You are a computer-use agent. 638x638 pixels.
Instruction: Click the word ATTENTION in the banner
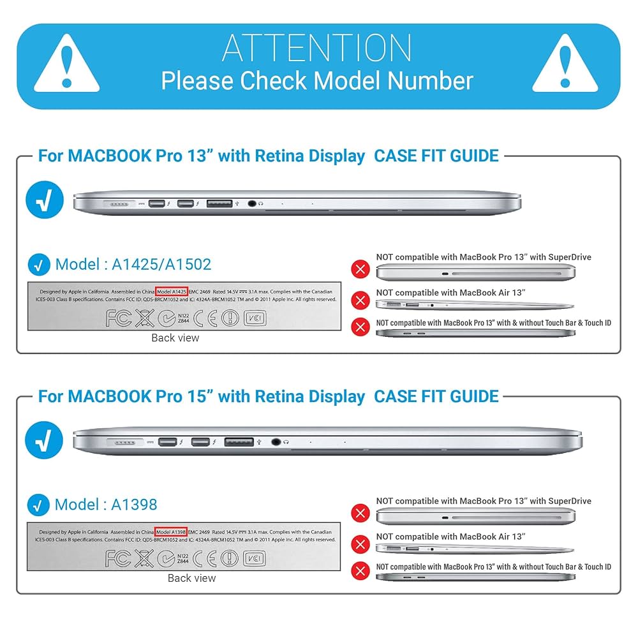317,47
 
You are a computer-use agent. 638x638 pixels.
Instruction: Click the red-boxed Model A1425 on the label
172,291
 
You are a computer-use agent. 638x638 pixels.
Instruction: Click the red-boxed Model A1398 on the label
171,531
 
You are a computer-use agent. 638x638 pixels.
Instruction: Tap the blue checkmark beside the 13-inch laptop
45,200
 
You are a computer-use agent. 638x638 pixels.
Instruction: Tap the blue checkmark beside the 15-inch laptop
45,440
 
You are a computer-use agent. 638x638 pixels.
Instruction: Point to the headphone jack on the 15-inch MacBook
276,441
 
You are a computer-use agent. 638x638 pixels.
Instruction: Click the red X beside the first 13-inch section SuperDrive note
361,269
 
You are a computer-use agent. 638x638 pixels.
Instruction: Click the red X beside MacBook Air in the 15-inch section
361,544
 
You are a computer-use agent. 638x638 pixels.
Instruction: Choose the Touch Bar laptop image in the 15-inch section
475,577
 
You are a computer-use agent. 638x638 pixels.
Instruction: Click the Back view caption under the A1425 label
175,338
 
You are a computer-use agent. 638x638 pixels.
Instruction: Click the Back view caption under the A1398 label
191,578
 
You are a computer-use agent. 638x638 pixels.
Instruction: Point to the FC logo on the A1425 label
119,318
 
